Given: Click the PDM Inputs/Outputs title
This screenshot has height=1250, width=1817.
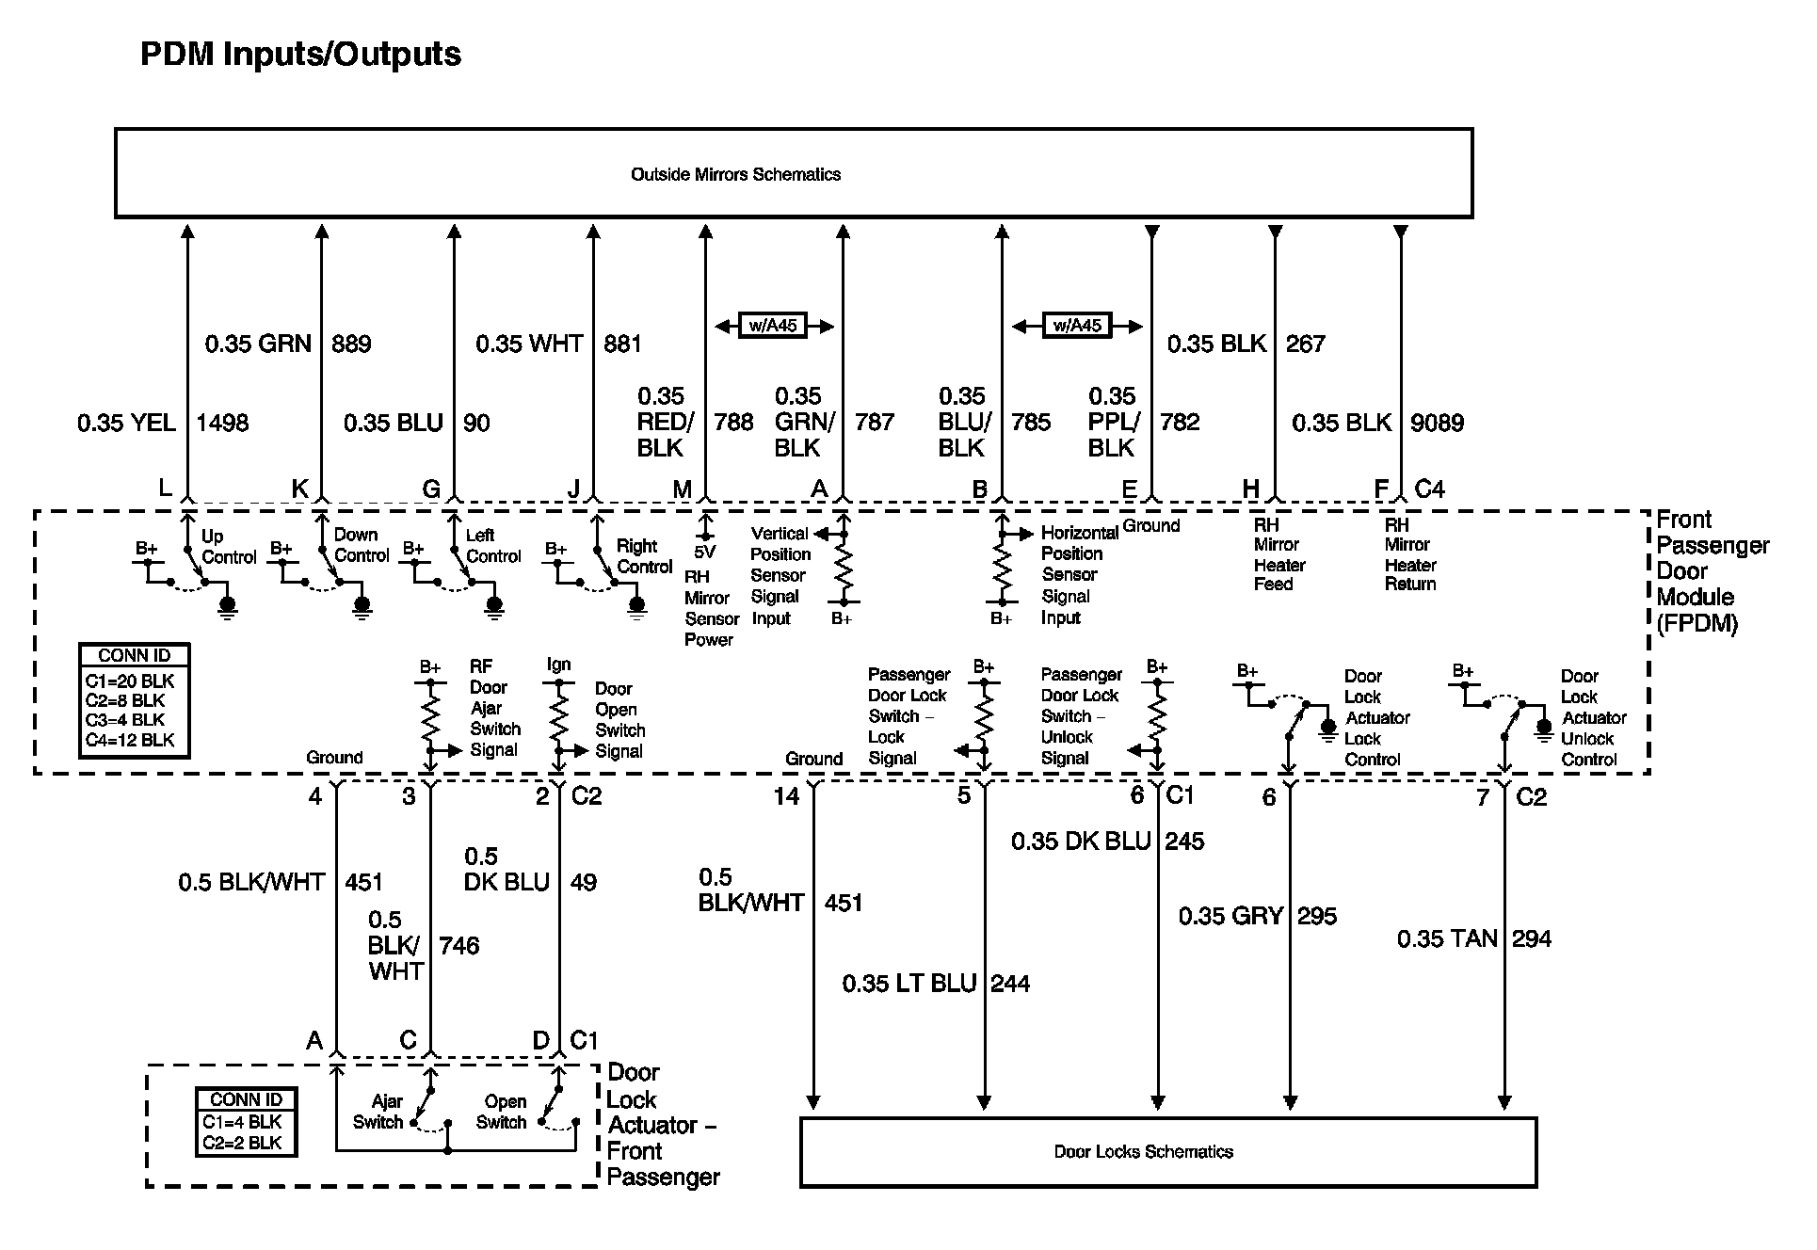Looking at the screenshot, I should (300, 55).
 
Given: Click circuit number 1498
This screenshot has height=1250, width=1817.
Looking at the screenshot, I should (222, 423).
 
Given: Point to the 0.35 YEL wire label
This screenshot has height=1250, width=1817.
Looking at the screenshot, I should (127, 423).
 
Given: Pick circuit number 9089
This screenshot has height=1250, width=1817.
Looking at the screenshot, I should (1437, 423).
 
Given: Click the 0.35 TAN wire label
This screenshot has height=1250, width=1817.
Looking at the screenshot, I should (1447, 938).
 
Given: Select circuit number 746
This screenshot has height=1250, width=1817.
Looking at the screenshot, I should (459, 945).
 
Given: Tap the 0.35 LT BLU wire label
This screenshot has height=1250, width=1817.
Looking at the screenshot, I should (909, 984).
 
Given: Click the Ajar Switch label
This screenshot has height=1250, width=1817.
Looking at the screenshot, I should (378, 1112).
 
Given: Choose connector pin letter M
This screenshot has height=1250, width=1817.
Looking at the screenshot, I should (682, 489).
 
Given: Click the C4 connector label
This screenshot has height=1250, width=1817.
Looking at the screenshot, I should (1429, 489).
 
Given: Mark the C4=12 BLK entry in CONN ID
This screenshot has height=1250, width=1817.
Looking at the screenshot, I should (130, 740).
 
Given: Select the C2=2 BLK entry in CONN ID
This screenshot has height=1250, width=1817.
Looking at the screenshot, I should (242, 1143).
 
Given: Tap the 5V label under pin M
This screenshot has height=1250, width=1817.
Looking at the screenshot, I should (704, 553).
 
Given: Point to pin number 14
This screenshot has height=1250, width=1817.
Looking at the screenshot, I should (786, 797).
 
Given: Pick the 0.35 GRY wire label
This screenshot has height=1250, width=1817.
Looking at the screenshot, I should (1231, 916).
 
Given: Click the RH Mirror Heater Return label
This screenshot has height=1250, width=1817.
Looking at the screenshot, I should (1410, 554).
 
